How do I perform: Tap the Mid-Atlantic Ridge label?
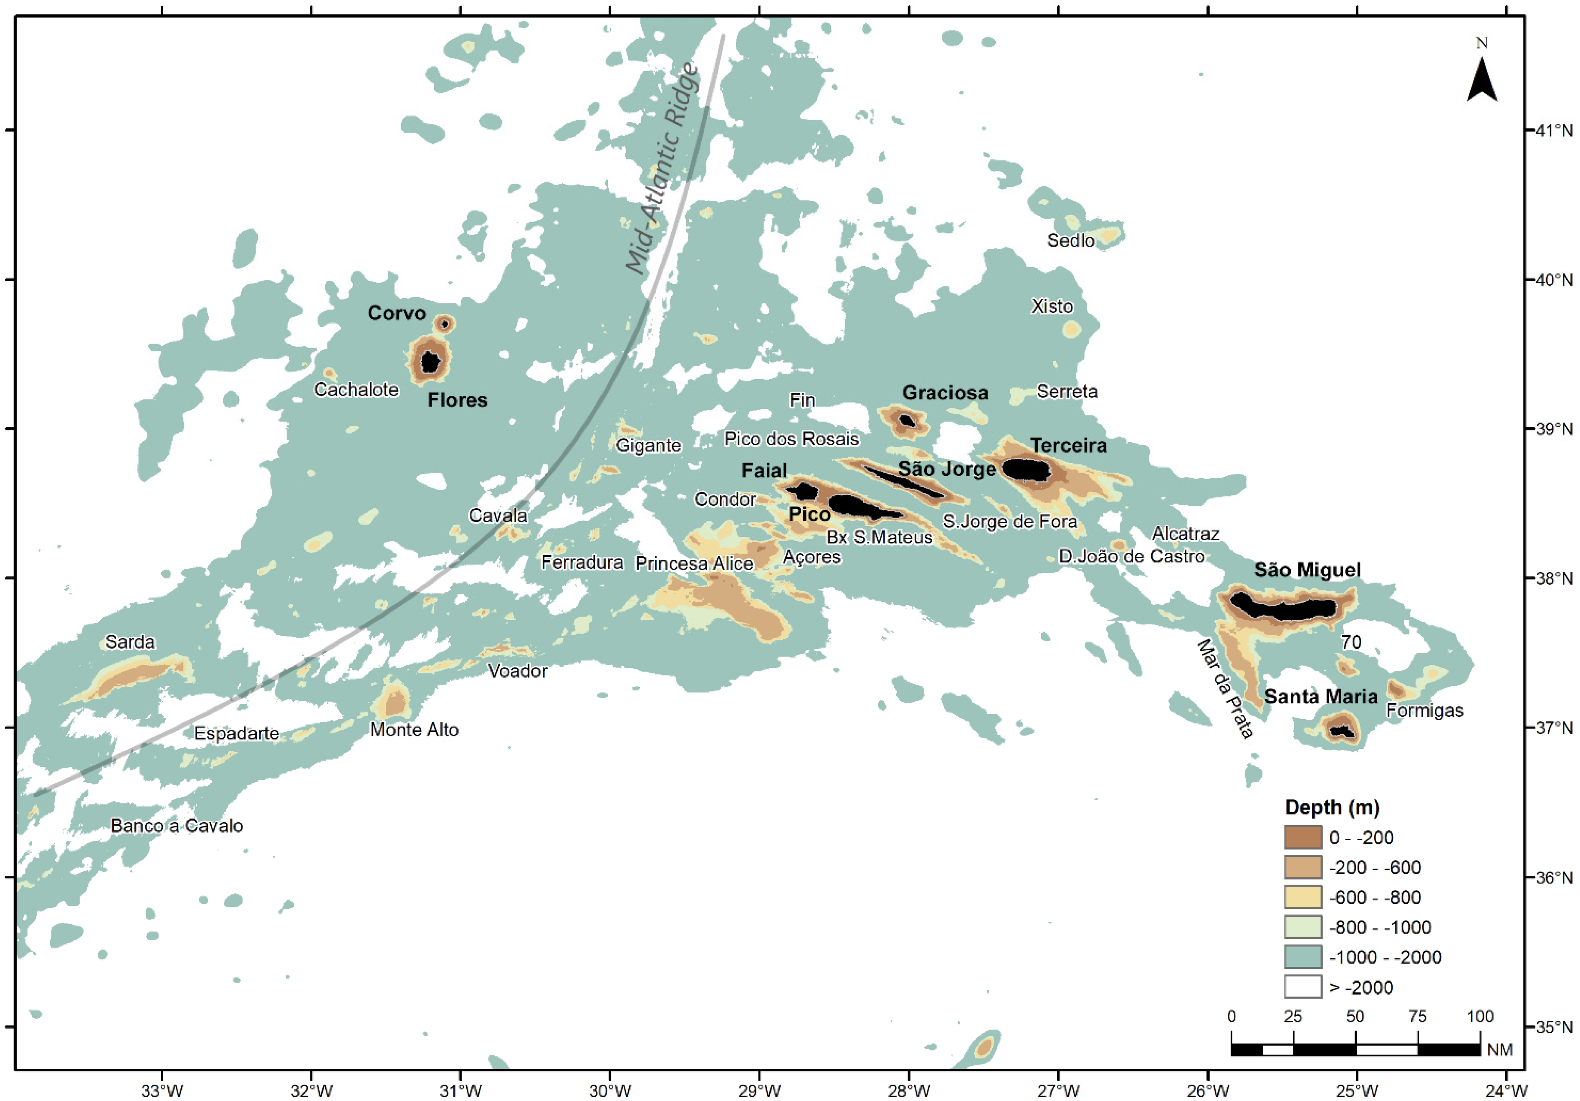pos(661,169)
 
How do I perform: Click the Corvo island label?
pos(396,313)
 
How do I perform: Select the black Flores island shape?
pos(430,361)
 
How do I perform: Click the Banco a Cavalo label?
pos(177,826)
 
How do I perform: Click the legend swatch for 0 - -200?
pos(1303,837)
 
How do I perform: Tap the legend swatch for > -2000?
pos(1303,987)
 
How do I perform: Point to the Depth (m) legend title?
pos(1332,807)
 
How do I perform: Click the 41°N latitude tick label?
pos(1553,130)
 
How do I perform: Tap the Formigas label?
pos(1425,710)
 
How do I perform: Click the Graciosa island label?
pos(945,393)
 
